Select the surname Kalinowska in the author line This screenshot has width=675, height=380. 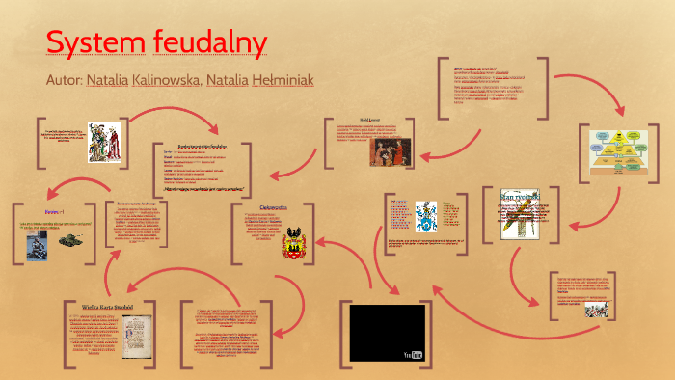point(163,79)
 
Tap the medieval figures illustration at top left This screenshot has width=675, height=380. point(103,140)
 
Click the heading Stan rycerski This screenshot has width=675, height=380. point(521,197)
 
